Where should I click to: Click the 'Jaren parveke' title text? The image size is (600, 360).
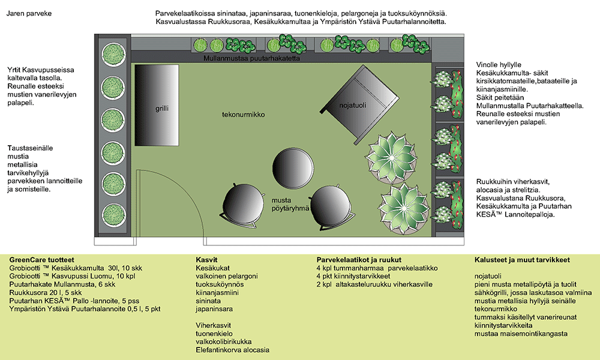pos(29,13)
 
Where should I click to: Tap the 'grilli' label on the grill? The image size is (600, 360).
pos(162,108)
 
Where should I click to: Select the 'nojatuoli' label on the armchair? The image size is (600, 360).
pos(352,105)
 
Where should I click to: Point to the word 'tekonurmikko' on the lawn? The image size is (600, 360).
pos(244,115)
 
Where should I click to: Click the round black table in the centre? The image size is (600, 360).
pos(293,168)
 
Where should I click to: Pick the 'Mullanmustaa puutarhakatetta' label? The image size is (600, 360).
pos(252,59)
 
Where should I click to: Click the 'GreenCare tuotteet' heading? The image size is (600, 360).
pos(42,260)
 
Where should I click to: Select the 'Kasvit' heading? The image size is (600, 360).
pos(206,260)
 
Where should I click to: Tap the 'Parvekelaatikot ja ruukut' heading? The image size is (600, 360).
pos(359,260)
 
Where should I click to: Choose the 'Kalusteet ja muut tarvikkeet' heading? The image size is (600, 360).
pos(523,260)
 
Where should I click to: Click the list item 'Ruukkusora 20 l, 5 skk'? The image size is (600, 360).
pos(46,293)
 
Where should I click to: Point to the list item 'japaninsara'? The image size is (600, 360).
pos(214,309)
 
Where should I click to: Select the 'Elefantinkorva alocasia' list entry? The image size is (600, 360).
pos(233,350)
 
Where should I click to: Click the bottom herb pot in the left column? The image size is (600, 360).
pos(113,215)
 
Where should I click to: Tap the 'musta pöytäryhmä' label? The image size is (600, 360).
pos(290,204)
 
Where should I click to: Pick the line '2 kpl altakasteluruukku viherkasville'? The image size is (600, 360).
pos(374,284)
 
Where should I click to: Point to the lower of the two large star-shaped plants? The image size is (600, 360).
pos(404,209)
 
